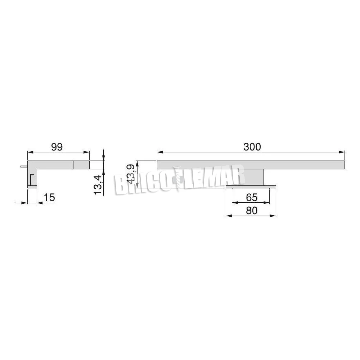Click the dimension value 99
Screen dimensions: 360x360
click(57, 147)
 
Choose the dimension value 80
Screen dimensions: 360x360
click(252, 210)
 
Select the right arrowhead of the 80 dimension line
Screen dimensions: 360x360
click(274, 216)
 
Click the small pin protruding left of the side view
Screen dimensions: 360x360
click(24, 166)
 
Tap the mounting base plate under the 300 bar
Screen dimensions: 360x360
click(251, 186)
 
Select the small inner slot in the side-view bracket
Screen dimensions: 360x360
click(32, 179)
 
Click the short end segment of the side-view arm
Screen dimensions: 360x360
click(81, 165)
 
